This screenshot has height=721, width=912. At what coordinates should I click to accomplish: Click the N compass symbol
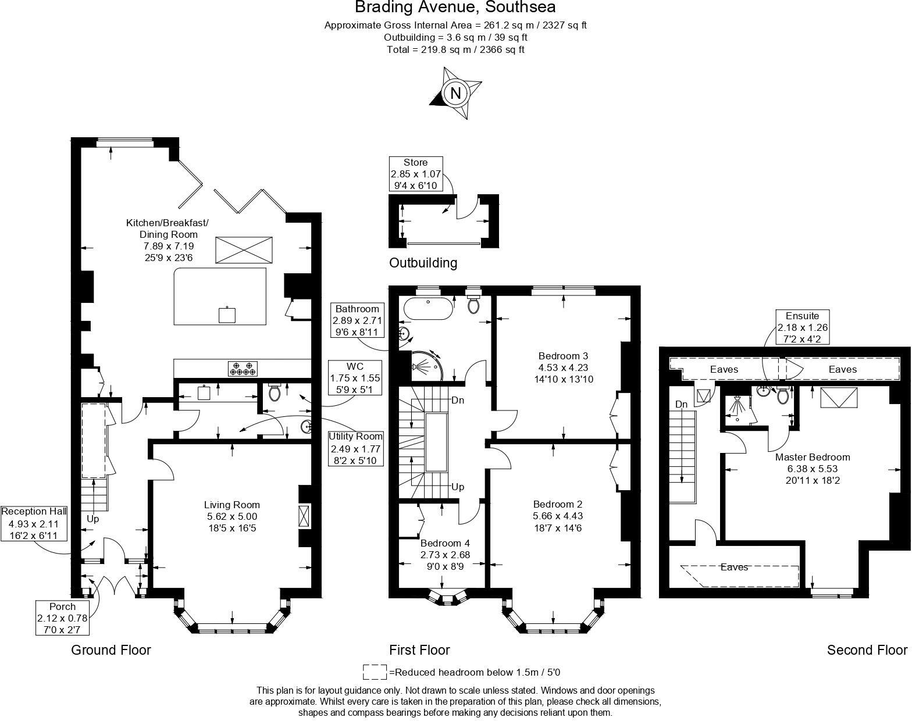pyautogui.click(x=455, y=93)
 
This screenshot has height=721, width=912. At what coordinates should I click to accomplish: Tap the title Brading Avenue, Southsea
pyautogui.click(x=455, y=7)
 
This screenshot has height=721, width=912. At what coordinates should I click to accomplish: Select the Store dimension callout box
pyautogui.click(x=416, y=174)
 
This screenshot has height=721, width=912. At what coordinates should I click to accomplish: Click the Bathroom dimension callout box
pyautogui.click(x=357, y=320)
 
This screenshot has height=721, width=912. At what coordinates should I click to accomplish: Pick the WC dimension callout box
pyautogui.click(x=355, y=378)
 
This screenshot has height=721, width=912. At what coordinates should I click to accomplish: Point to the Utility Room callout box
pyautogui.click(x=355, y=449)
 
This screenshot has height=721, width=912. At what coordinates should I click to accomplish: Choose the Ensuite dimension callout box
pyautogui.click(x=802, y=327)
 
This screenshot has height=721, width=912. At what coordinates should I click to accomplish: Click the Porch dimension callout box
pyautogui.click(x=63, y=618)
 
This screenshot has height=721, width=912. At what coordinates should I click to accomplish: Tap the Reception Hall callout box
pyautogui.click(x=34, y=523)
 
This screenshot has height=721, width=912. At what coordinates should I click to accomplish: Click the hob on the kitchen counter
pyautogui.click(x=243, y=368)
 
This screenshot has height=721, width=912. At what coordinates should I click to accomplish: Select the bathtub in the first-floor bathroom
pyautogui.click(x=428, y=308)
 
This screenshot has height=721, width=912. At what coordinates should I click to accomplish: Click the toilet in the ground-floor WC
pyautogui.click(x=275, y=392)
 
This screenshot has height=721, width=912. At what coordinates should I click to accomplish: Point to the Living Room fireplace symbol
pyautogui.click(x=304, y=516)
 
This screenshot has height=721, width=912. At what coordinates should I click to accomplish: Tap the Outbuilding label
pyautogui.click(x=423, y=263)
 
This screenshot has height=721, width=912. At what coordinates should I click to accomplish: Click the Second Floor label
pyautogui.click(x=867, y=650)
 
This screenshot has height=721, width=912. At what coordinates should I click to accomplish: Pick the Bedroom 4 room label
pyautogui.click(x=445, y=543)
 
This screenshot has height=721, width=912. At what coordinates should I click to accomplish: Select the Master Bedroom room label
pyautogui.click(x=813, y=457)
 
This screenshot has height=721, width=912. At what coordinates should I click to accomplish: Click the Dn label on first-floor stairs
pyautogui.click(x=458, y=400)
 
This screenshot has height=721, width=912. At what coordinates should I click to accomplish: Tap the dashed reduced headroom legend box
pyautogui.click(x=375, y=672)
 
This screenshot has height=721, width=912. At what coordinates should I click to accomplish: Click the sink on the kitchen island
pyautogui.click(x=227, y=315)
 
